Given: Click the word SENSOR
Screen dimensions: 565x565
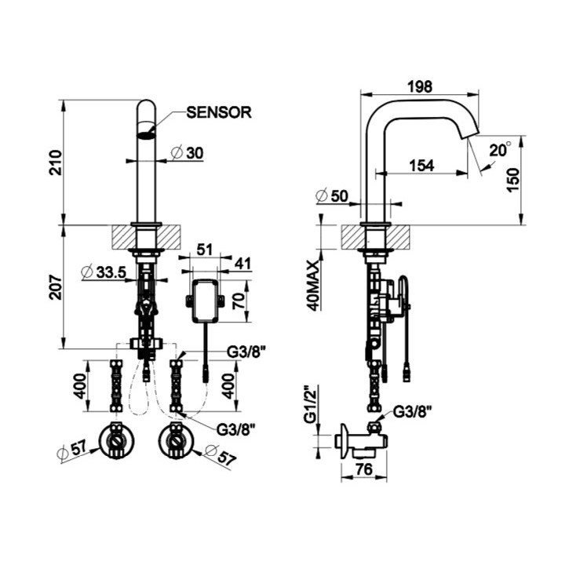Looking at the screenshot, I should tap(218, 112).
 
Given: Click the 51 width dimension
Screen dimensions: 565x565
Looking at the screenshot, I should tap(202, 250).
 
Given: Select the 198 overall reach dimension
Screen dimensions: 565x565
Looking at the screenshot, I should tap(421, 87).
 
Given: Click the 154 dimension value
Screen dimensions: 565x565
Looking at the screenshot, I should tap(422, 166).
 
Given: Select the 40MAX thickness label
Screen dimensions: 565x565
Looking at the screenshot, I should tap(315, 283).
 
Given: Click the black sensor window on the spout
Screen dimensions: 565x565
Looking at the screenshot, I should tap(147, 134).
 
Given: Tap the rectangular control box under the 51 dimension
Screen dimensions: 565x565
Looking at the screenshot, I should tap(204, 300).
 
